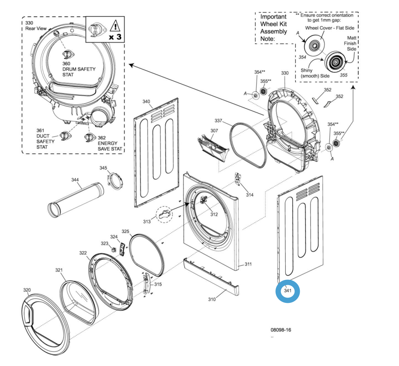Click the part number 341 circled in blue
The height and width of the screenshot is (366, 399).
tap(288, 291)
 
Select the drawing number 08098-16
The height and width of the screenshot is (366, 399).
tap(281, 330)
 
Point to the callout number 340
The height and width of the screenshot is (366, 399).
tap(146, 102)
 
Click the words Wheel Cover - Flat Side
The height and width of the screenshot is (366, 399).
tap(330, 28)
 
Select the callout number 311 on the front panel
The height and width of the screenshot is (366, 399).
tap(248, 264)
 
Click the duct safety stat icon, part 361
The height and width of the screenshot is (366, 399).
tap(65, 135)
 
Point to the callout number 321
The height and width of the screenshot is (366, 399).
tap(59, 270)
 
